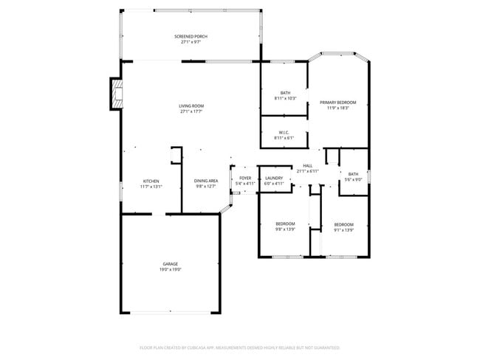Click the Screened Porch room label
pyautogui.click(x=191, y=36)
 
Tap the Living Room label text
pyautogui.click(x=191, y=106)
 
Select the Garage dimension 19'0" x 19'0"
pyautogui.click(x=171, y=269)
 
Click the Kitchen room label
pyautogui.click(x=151, y=181)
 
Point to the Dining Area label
pyautogui.click(x=206, y=181)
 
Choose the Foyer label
pyautogui.click(x=244, y=178)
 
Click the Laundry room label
pyautogui.click(x=274, y=178)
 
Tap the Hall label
pyautogui.click(x=307, y=165)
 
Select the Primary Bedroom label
pyautogui.click(x=337, y=102)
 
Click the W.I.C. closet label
pyautogui.click(x=284, y=133)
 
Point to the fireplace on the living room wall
pyautogui.click(x=116, y=93)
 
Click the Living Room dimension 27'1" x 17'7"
pyautogui.click(x=191, y=112)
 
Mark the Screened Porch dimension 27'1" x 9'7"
pyautogui.click(x=191, y=42)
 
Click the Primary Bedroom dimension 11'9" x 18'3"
pyautogui.click(x=337, y=108)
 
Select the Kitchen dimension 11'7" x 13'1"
pyautogui.click(x=151, y=187)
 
